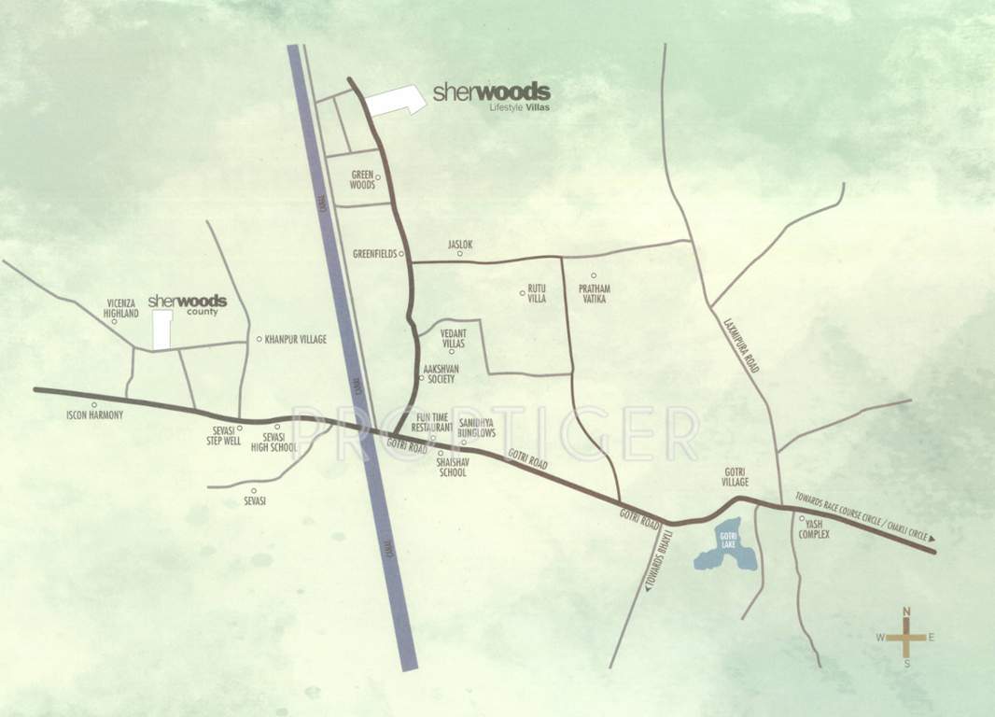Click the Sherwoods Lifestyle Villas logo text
click(491, 96)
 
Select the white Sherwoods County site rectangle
click(162, 330)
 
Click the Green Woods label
click(362, 179)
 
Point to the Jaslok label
click(460, 246)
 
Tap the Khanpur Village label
click(295, 340)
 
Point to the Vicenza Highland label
click(121, 309)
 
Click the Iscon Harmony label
click(94, 415)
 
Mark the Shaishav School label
click(452, 468)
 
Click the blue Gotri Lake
click(725, 546)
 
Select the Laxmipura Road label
click(741, 344)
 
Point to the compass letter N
click(905, 612)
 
